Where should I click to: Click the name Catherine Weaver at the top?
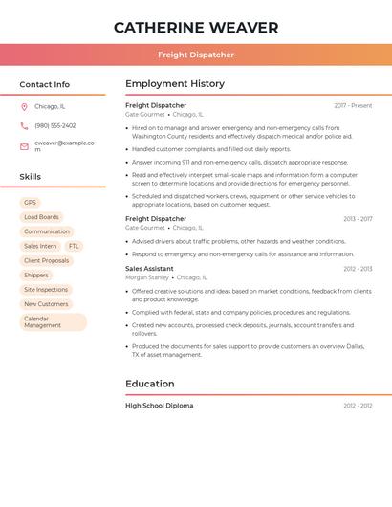[196, 28]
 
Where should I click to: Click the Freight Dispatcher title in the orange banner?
[196, 55]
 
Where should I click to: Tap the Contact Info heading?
[44, 84]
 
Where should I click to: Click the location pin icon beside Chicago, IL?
[24, 106]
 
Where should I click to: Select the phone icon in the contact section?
[24, 125]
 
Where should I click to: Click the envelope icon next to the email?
[24, 146]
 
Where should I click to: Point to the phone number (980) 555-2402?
[54, 125]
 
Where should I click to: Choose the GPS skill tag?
[30, 203]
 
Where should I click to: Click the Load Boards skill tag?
[41, 217]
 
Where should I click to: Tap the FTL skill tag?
[74, 246]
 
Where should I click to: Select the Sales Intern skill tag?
[40, 246]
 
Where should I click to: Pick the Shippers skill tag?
[36, 276]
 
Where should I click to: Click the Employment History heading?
[174, 84]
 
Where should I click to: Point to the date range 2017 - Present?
[353, 105]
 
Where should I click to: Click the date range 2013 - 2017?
[358, 219]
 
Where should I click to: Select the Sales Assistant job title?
[149, 269]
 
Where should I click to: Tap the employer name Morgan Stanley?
[146, 277]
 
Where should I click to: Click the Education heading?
[149, 384]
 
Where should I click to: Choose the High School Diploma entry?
[159, 406]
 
